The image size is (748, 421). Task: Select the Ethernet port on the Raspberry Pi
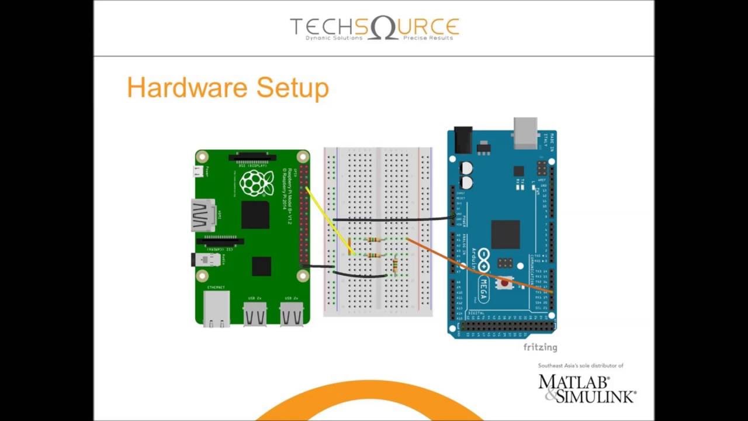click(217, 308)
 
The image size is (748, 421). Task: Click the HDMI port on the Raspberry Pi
click(202, 215)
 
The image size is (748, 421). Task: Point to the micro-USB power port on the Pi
click(199, 171)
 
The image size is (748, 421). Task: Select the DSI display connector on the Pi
click(252, 157)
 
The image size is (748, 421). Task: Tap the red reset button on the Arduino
click(504, 284)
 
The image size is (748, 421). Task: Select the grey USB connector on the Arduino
click(525, 132)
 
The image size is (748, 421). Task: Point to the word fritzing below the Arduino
click(540, 347)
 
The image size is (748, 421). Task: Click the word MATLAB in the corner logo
click(573, 382)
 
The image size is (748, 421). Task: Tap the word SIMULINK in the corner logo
click(596, 396)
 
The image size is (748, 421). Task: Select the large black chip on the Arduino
click(505, 234)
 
